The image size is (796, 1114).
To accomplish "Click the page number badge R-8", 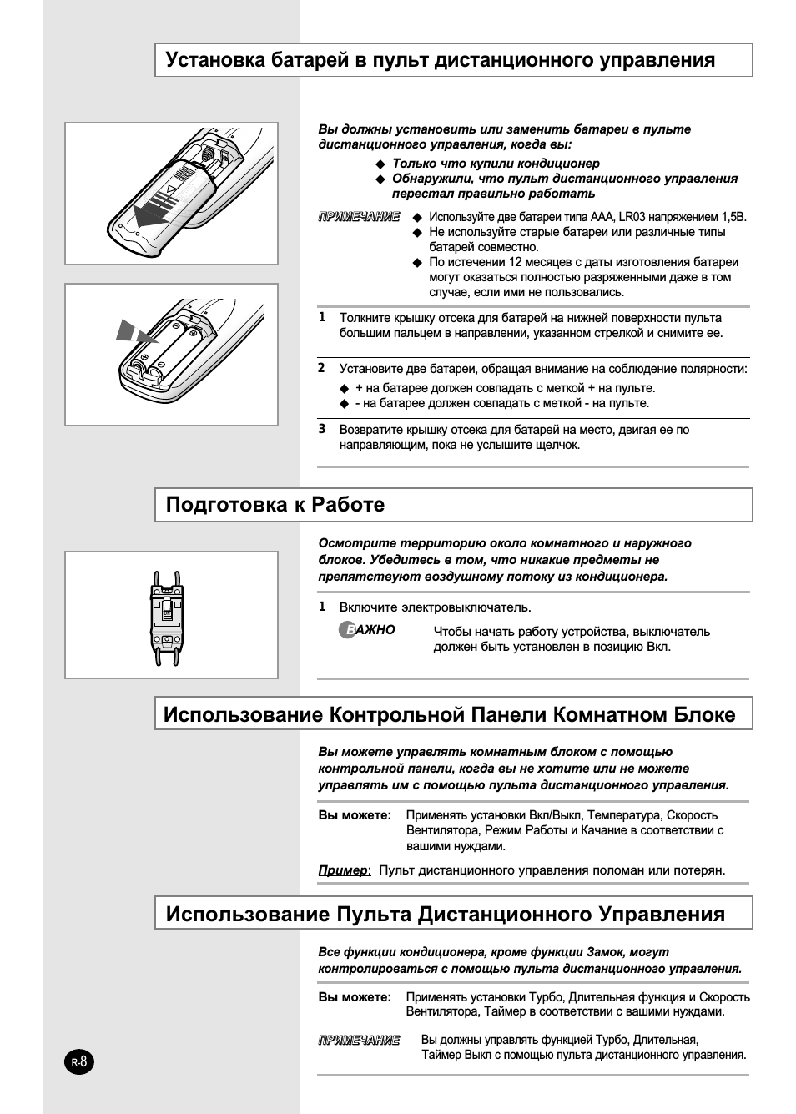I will pyautogui.click(x=79, y=1062).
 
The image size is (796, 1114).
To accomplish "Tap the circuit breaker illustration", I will pyautogui.click(x=168, y=617).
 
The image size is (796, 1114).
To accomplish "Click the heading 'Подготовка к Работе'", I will pyautogui.click(x=275, y=504).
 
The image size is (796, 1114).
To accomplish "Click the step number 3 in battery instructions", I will pyautogui.click(x=322, y=429).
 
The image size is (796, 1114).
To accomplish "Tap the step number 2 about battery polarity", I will pyautogui.click(x=322, y=368).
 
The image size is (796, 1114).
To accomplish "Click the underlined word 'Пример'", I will pyautogui.click(x=342, y=870).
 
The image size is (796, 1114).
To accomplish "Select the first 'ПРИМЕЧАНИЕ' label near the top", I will pyautogui.click(x=359, y=217).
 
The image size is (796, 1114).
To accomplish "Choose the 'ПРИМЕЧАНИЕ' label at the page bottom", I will pyautogui.click(x=359, y=1040).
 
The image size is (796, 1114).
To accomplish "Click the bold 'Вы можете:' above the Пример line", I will pyautogui.click(x=355, y=815).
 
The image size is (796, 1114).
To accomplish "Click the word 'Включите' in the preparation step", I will pyautogui.click(x=368, y=607).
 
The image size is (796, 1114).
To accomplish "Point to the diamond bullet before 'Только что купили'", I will pyautogui.click(x=380, y=164).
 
